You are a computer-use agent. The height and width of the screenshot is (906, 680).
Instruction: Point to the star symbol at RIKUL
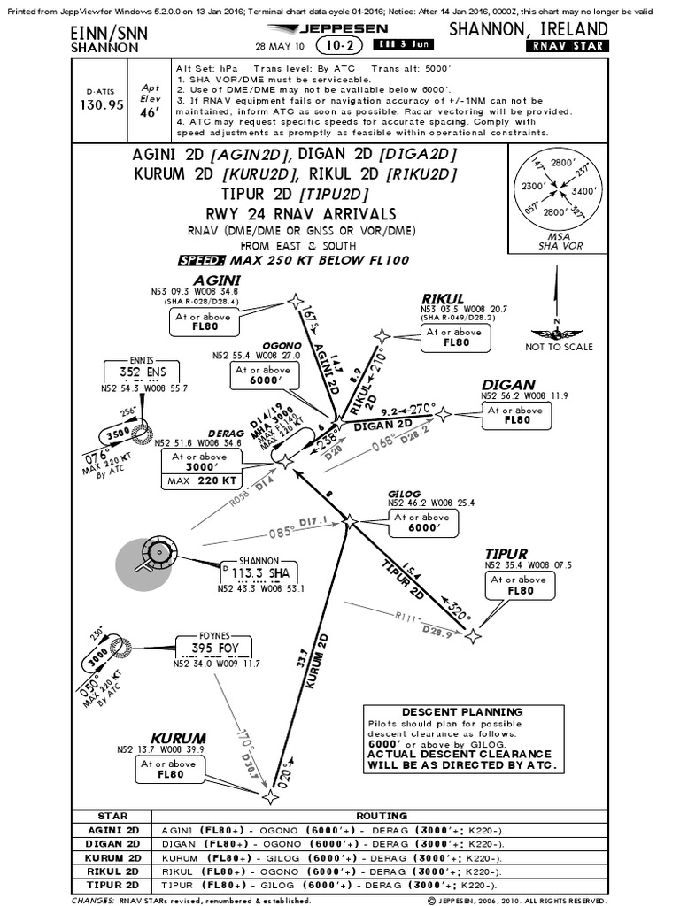pos(381,336)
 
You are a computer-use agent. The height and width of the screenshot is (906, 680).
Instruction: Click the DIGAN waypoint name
pos(508,385)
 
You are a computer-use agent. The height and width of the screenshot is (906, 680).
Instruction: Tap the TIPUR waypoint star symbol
pos(475,634)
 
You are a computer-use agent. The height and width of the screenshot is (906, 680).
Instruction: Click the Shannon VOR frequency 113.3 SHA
pos(265,573)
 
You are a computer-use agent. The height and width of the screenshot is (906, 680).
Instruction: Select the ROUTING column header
pos(381,815)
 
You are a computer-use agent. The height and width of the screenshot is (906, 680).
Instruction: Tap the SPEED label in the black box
pos(203,261)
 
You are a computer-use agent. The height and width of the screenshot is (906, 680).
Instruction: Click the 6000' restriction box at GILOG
pos(423,522)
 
